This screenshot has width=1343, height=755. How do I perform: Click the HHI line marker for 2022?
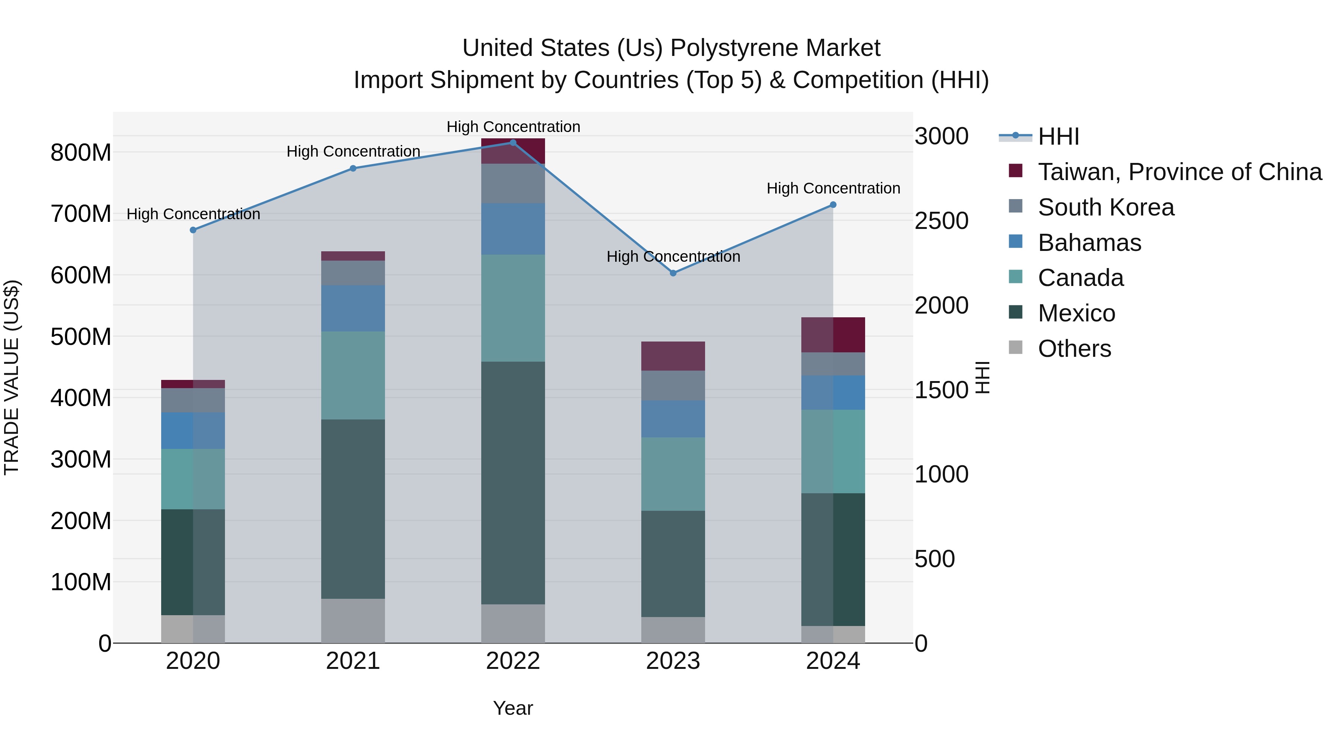point(513,143)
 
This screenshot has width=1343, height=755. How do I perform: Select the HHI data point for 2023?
point(673,273)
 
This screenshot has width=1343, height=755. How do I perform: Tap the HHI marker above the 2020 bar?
point(193,230)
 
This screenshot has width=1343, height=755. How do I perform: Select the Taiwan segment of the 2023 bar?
point(673,356)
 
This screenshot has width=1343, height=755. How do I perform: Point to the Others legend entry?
point(1074,349)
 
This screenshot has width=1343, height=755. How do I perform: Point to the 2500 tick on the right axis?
point(941,221)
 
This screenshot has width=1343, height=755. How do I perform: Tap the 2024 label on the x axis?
point(833,661)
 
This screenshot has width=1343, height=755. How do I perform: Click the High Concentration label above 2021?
point(353,152)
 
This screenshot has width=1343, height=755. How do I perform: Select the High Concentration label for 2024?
point(833,188)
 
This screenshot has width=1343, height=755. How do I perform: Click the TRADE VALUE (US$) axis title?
point(12,377)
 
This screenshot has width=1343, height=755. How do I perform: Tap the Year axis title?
point(513,708)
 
